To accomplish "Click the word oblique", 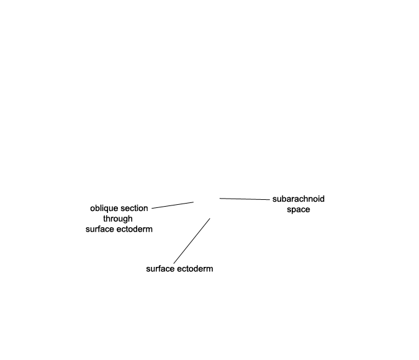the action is (103, 209).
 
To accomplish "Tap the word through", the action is (118, 219).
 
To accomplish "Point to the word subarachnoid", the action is (299, 199).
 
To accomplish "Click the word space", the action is (299, 210).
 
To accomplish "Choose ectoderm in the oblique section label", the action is (135, 229).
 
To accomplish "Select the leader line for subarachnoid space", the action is (245, 199).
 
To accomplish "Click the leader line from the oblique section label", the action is (173, 205).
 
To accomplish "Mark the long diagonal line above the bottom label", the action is (192, 241).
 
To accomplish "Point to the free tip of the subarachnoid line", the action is (220, 198).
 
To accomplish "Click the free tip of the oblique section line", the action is (194, 202).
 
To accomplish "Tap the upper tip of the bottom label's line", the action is (210, 218).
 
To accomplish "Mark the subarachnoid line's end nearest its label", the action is (270, 200).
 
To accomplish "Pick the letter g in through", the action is (124, 220).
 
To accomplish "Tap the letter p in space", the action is (293, 210).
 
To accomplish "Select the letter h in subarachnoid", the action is (305, 199).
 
